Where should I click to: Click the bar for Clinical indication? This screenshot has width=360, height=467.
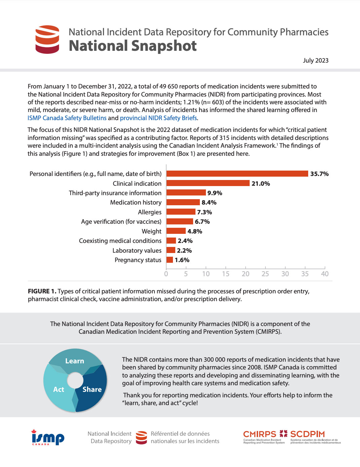pos(208,183)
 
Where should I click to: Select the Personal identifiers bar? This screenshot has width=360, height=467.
pos(237,173)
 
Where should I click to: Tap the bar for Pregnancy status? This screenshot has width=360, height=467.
pos(170,260)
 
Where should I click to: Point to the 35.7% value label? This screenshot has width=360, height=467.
pos(319,174)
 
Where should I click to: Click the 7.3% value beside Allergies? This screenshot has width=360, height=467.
pos(205,212)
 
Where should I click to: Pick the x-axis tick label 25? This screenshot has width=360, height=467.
pos(265,274)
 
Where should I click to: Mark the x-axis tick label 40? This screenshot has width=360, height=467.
pos(325,274)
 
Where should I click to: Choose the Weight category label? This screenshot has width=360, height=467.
pos(151,231)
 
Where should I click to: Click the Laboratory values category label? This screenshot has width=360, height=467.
pos(137,251)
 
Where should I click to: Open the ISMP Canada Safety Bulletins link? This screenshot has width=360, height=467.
pos(67,118)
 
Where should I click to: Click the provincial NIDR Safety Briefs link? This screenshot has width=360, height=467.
pos(158,118)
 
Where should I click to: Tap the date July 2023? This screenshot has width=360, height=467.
pos(316,60)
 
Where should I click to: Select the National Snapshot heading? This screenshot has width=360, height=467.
pos(133,46)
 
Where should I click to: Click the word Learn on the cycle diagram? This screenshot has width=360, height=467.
pos(75,361)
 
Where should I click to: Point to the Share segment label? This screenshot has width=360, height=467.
pos(92,389)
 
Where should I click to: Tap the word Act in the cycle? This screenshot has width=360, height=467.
pos(59,389)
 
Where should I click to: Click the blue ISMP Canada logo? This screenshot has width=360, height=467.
pos(48,437)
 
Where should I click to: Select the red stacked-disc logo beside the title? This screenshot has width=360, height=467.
pos(47,39)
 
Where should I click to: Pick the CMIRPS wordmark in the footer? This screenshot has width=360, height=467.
pos(260,434)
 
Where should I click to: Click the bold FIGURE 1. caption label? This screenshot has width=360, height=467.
pos(42,291)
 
